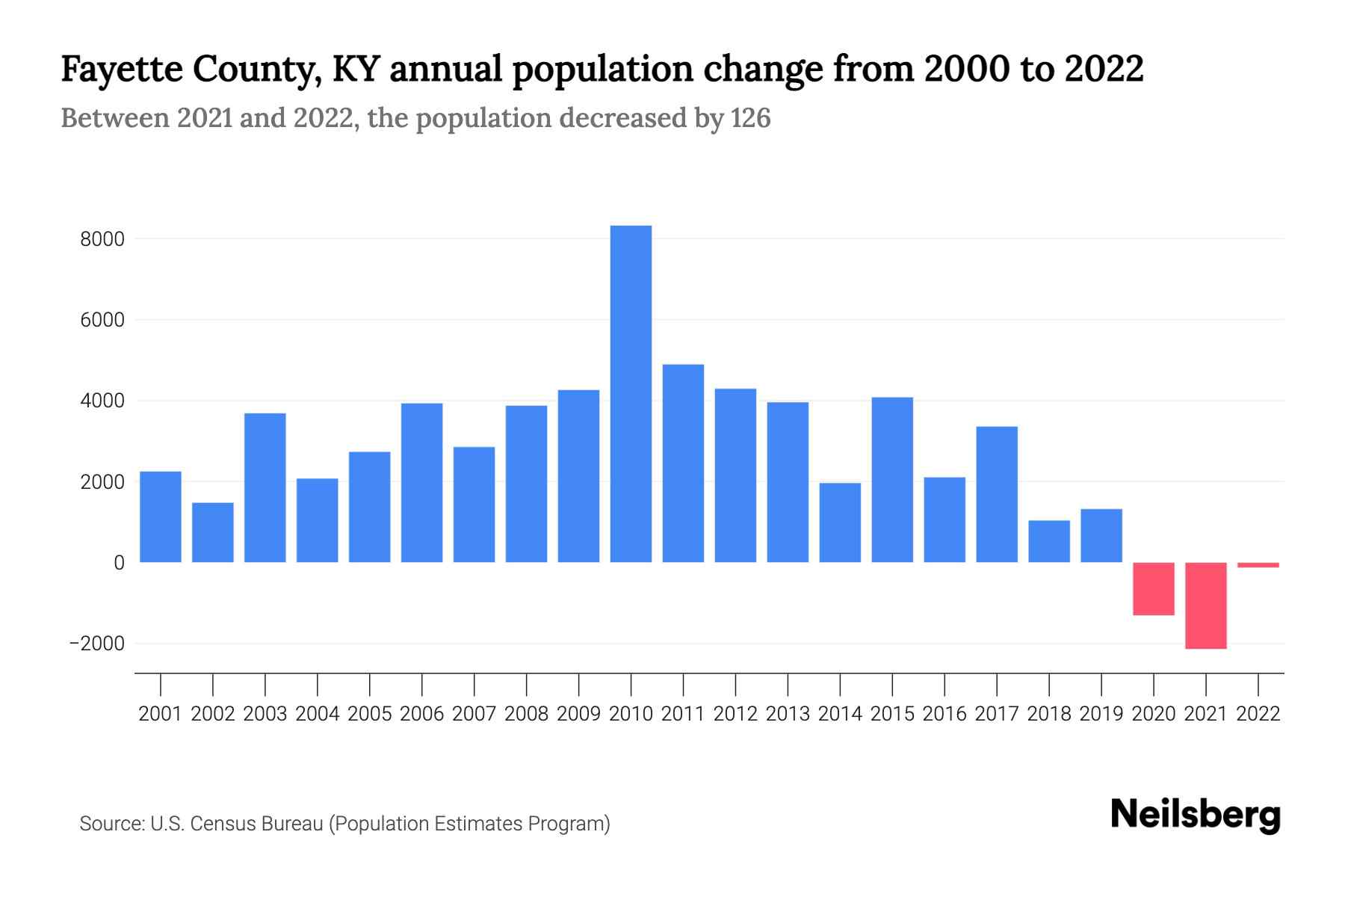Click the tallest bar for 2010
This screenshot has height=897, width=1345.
click(x=631, y=394)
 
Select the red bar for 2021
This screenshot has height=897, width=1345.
click(x=1206, y=605)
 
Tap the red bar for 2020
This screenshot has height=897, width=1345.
click(x=1154, y=589)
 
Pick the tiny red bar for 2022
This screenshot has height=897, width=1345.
click(x=1258, y=565)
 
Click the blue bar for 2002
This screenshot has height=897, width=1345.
click(x=213, y=532)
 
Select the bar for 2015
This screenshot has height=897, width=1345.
click(x=892, y=480)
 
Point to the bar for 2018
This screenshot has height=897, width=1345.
click(x=1049, y=541)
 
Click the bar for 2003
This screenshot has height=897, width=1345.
click(x=265, y=487)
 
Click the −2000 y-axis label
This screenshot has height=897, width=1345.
click(x=97, y=644)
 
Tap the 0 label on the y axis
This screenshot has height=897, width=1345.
click(x=119, y=563)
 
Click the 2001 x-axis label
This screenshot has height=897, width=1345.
click(x=161, y=714)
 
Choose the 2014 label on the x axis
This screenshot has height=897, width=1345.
click(x=840, y=714)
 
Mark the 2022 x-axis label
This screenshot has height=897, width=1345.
click(x=1258, y=714)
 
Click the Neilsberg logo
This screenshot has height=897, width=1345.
click(x=1195, y=815)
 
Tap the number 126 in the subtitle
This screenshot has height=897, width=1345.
click(x=750, y=118)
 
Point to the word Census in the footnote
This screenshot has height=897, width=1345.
click(x=218, y=824)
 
